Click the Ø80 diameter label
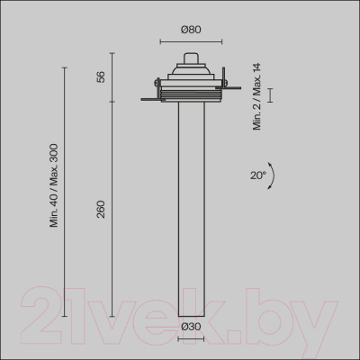point(190,29)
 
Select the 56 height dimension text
point(101,77)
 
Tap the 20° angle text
point(258,175)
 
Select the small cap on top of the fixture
point(189,59)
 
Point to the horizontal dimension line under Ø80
point(189,41)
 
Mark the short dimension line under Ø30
point(190,338)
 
